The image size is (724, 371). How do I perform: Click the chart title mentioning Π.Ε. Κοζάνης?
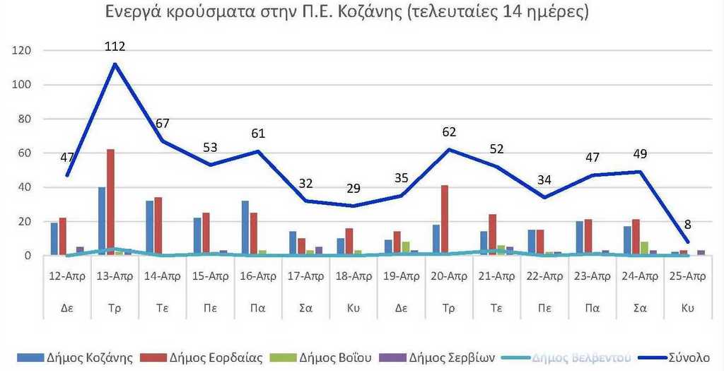pos(347,13)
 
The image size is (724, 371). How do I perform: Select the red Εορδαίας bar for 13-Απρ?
pos(110,202)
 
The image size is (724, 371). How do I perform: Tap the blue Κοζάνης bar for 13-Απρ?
pos(102,221)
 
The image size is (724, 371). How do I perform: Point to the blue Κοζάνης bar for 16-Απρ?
pos(245,228)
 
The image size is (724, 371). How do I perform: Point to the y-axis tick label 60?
pos(25,153)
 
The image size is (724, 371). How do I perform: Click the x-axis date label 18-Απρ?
pos(353,276)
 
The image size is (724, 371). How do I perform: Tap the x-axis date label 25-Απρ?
pos(687,276)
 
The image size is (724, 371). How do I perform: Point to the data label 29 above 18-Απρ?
pos(353,189)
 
